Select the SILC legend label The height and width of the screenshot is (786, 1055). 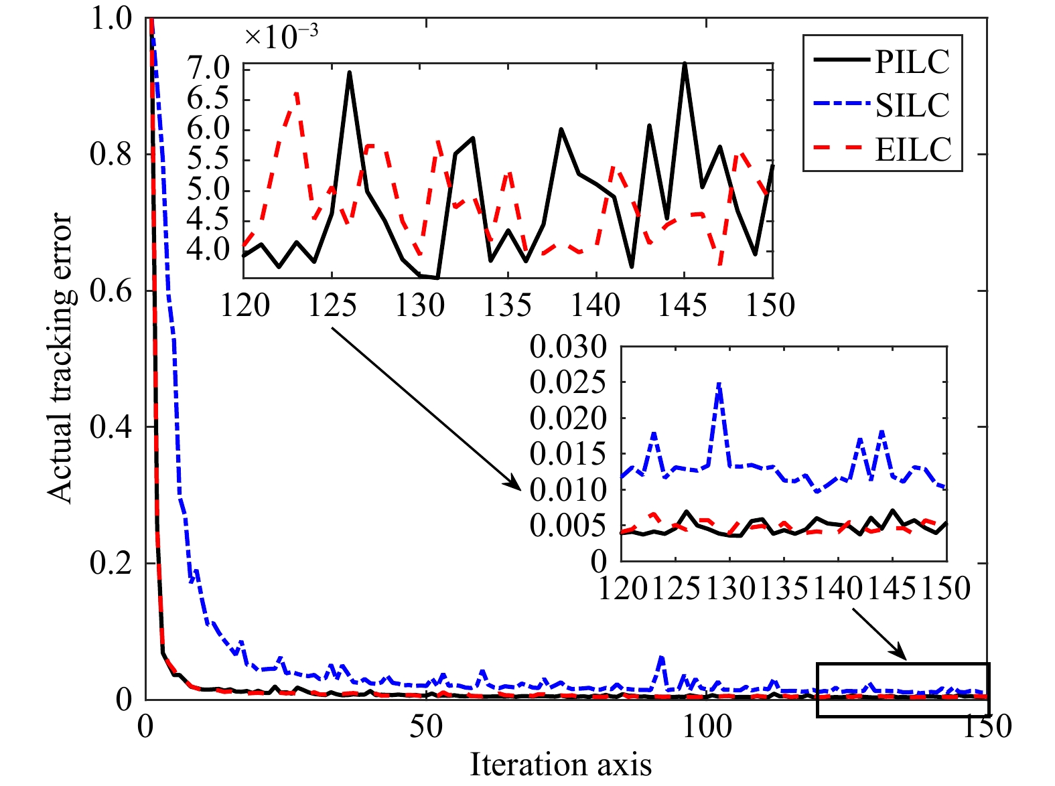pos(912,105)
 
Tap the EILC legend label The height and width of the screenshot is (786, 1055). pos(913,149)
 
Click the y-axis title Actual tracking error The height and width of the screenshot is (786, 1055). pos(60,358)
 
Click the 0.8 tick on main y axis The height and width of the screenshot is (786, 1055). pos(111,155)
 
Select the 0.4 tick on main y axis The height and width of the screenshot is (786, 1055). pos(111,427)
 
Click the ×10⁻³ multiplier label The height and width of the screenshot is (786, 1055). pos(281,36)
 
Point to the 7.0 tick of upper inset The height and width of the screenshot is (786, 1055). pos(208,69)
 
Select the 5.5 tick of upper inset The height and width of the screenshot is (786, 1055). pos(208,160)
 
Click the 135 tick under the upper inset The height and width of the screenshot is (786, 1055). pos(508,306)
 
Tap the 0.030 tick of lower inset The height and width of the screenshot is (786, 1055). pos(568,347)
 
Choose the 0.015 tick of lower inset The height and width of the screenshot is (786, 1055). pos(568,455)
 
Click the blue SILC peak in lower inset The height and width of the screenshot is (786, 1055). pos(719,384)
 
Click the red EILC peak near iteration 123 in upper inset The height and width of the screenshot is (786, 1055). pos(296,94)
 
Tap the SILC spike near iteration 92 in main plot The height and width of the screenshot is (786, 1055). pos(662,658)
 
